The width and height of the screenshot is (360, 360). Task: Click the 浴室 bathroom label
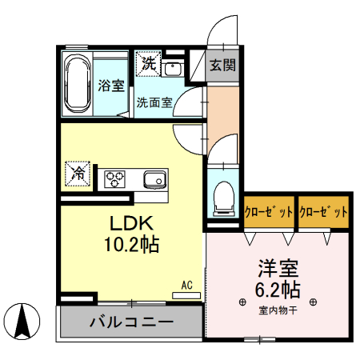coord(110,85)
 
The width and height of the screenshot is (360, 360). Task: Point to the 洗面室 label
coord(153,102)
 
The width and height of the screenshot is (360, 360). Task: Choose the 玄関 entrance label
coord(222,66)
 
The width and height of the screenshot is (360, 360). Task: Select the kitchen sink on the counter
coord(154,178)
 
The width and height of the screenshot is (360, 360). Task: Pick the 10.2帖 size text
coord(127,244)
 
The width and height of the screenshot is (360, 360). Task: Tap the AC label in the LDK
coord(186,285)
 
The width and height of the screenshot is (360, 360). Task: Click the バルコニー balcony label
coord(130,323)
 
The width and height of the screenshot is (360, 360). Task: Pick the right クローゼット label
coord(324,213)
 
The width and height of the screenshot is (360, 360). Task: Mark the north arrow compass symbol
coord(24,322)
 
